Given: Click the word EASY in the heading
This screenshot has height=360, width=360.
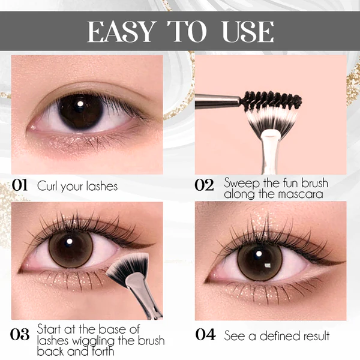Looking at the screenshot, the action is point(121,31).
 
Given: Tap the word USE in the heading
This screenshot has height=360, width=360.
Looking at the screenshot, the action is point(248,31).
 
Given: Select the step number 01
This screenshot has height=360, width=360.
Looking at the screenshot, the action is point(20,185).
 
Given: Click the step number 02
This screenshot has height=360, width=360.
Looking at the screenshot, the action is point(204,185).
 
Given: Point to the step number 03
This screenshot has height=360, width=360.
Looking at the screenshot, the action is point(20,334).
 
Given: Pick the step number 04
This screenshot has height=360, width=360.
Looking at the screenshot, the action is point(205,335).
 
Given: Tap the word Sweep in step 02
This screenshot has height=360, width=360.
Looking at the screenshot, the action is point(242,183).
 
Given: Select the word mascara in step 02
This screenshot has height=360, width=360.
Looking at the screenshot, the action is point(301,194).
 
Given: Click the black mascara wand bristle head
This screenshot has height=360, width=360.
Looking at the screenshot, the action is point(271,100).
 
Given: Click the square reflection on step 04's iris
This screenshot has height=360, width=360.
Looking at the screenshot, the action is point(268,266).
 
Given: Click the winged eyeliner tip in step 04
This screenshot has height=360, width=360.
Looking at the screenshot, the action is point(345,261).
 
